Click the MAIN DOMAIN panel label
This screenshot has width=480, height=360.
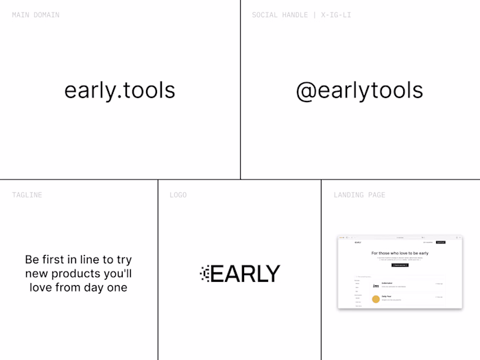coord(36,15)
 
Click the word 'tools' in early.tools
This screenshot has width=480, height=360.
coord(147,91)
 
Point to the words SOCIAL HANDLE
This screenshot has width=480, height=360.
coord(280,15)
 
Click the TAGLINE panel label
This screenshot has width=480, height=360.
coord(27,195)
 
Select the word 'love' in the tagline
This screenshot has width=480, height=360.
coord(42,287)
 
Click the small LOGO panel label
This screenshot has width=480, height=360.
coord(178,195)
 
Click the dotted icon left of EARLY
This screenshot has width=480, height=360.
coord(204,274)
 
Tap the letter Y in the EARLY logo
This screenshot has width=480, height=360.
coord(272,274)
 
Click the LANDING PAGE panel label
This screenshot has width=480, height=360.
coord(359,195)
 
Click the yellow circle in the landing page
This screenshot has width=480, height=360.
coord(376,298)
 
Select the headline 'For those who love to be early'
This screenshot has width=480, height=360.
coord(400,253)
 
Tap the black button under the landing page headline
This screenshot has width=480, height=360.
coord(400,265)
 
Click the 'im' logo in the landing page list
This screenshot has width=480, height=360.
coord(376,285)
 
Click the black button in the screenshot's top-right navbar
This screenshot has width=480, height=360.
coord(441,242)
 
